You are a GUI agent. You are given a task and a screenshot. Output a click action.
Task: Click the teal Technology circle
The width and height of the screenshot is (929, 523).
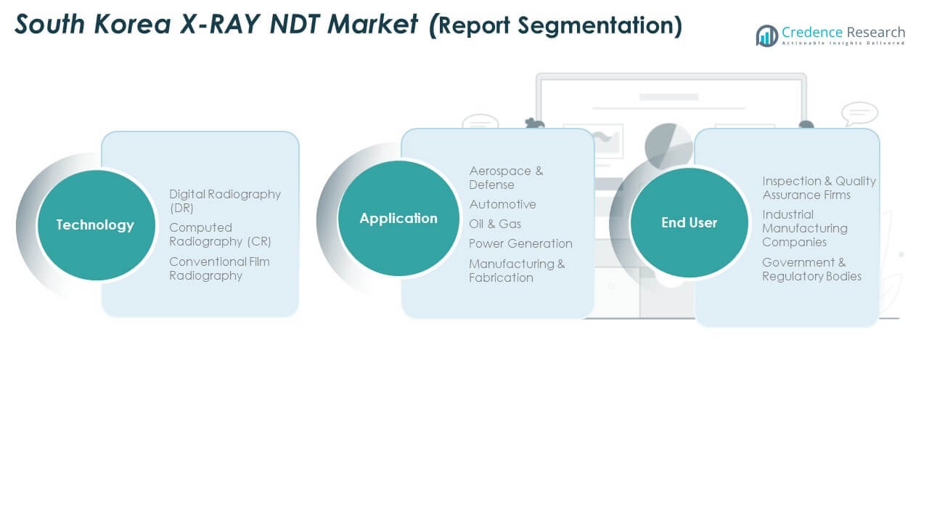[97, 225]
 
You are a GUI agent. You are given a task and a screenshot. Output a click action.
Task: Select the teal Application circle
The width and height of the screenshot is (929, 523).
[398, 219]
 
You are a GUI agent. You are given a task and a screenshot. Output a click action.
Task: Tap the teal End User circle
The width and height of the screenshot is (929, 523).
[689, 223]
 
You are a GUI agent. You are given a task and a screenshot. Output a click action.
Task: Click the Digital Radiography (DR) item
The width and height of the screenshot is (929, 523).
[225, 201]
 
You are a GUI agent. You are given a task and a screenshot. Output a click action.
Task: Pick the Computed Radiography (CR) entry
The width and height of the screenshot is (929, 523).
[220, 235]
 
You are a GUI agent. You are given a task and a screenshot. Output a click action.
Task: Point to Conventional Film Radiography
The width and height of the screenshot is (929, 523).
[219, 269]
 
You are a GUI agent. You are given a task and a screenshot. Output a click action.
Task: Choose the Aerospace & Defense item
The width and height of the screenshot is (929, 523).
[506, 178]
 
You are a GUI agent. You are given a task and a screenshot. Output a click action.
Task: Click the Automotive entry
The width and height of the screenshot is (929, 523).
[503, 204]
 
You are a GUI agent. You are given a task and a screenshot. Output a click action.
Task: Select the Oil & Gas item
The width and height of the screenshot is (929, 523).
[495, 224]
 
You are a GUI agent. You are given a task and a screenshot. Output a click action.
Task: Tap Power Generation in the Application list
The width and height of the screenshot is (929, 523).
[520, 243]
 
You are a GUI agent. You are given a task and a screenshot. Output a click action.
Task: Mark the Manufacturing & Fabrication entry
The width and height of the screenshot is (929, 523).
[517, 271]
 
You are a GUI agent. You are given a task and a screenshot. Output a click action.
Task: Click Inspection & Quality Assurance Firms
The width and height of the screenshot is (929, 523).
[819, 188]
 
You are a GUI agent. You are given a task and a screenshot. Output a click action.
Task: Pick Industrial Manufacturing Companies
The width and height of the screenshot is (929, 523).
[805, 228]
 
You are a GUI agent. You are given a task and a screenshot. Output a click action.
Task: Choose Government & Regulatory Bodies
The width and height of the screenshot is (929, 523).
[811, 269]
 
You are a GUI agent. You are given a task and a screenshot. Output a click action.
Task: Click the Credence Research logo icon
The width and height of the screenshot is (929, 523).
[767, 36]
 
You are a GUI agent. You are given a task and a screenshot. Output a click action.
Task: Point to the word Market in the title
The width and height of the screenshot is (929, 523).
[372, 24]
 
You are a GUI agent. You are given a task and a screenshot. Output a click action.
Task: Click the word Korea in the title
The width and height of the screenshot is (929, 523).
[132, 24]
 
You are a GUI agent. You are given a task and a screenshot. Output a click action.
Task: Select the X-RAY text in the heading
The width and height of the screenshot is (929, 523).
[220, 24]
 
